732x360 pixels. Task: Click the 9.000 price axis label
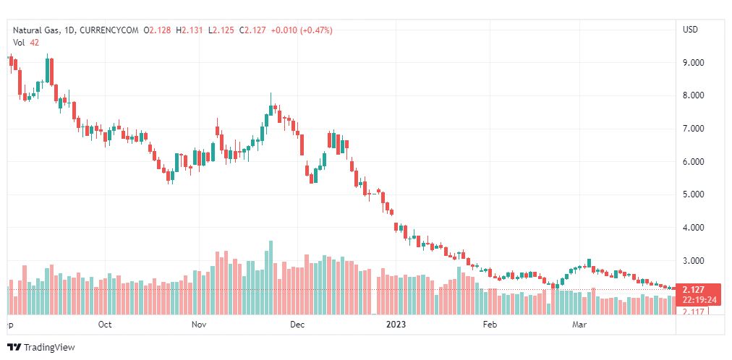(x=694, y=63)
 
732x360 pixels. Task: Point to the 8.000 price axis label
(x=694, y=95)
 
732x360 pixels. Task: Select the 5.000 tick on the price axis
(x=694, y=194)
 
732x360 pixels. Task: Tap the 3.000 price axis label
(x=694, y=260)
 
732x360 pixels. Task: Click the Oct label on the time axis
(x=105, y=325)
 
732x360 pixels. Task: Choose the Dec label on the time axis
(x=297, y=325)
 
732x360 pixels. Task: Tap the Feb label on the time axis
(x=490, y=325)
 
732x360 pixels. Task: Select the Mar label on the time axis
(x=580, y=325)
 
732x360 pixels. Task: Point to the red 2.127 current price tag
(x=693, y=290)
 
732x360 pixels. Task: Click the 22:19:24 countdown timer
(x=699, y=299)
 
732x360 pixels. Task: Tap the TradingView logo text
(x=49, y=348)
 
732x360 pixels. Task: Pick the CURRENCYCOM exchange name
(x=110, y=30)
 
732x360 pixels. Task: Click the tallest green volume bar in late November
(x=271, y=278)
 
